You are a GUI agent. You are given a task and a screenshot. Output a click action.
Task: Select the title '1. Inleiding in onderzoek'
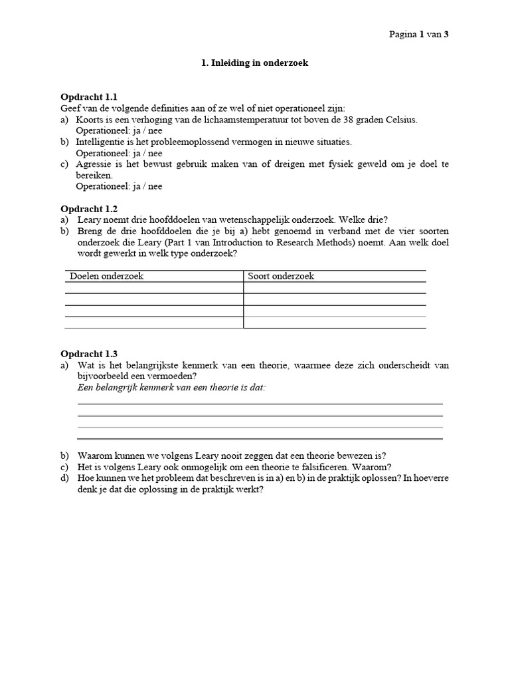tap(255, 64)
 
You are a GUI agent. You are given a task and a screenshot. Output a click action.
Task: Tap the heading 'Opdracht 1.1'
tap(89, 97)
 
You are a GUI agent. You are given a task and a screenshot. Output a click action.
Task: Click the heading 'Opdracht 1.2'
tap(89, 208)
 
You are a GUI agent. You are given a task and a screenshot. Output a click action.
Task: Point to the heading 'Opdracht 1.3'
tap(89, 354)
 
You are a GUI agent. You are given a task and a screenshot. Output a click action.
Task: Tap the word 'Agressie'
tap(94, 164)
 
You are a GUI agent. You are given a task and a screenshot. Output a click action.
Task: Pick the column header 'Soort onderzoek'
tap(281, 276)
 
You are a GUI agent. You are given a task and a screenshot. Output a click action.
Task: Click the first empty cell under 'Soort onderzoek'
tap(335, 288)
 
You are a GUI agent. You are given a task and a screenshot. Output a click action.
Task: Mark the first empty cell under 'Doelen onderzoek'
tap(154, 288)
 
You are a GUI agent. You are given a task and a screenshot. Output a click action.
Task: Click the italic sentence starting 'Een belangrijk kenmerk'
tap(171, 387)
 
